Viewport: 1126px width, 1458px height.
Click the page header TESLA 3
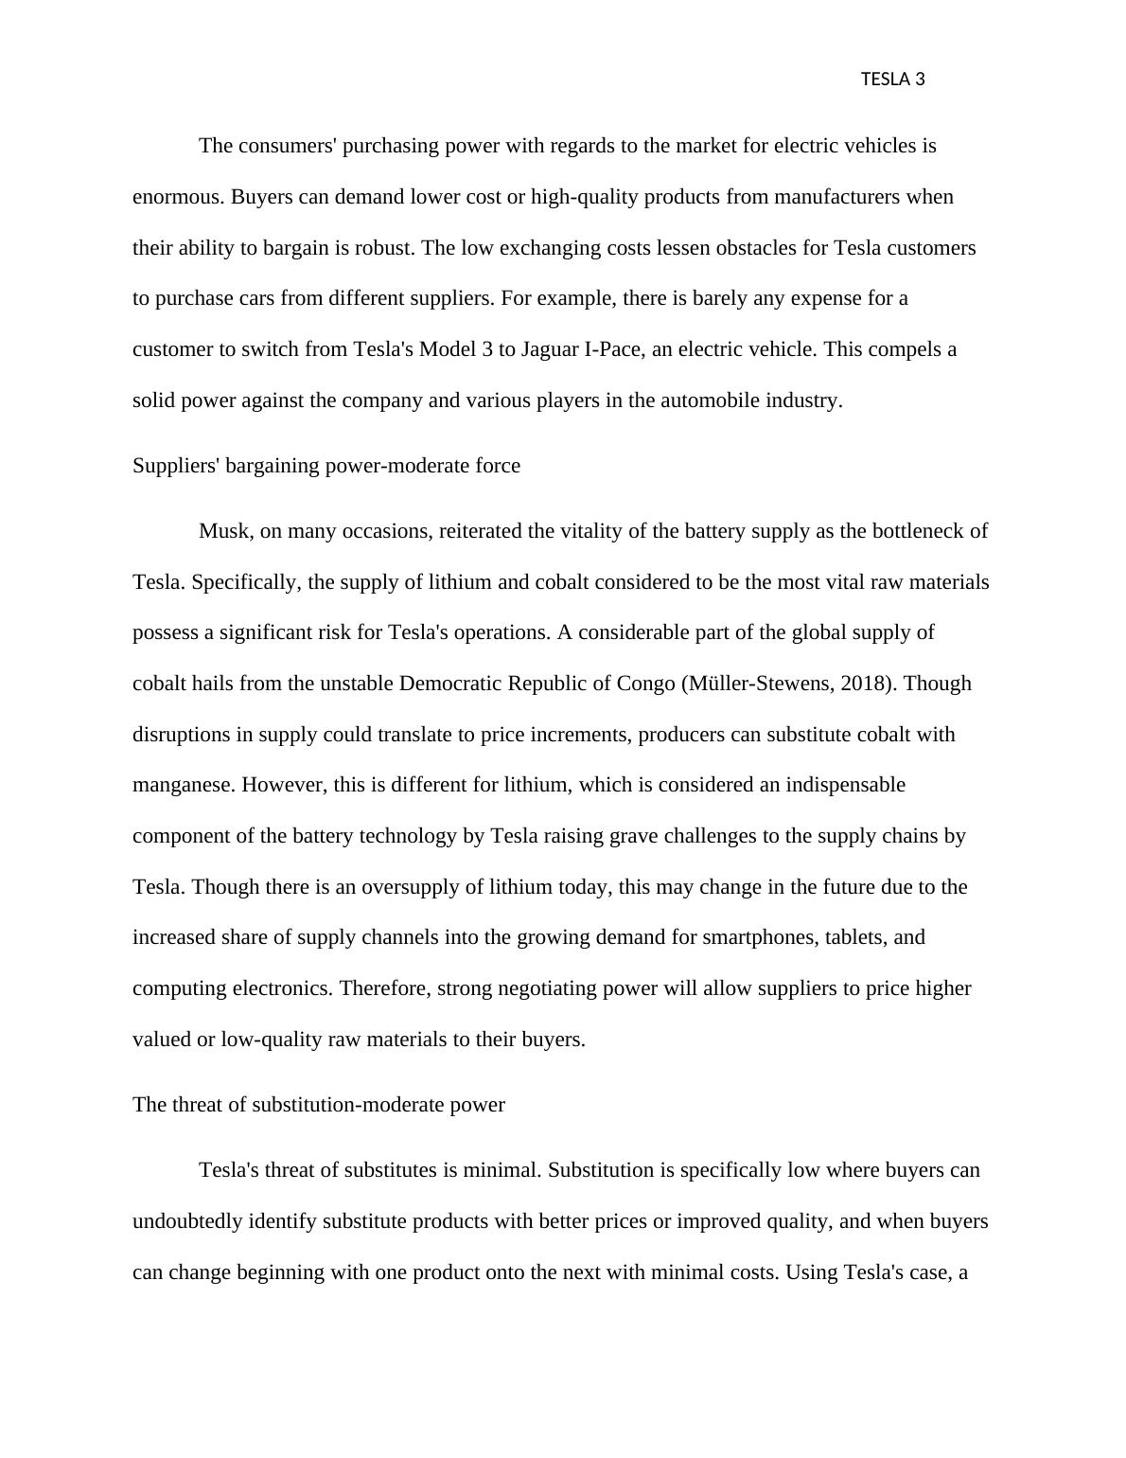(x=892, y=80)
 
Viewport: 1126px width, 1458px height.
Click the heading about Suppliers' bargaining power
(x=325, y=466)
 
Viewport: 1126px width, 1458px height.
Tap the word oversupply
(x=430, y=887)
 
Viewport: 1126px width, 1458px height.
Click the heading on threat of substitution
(x=318, y=1105)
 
